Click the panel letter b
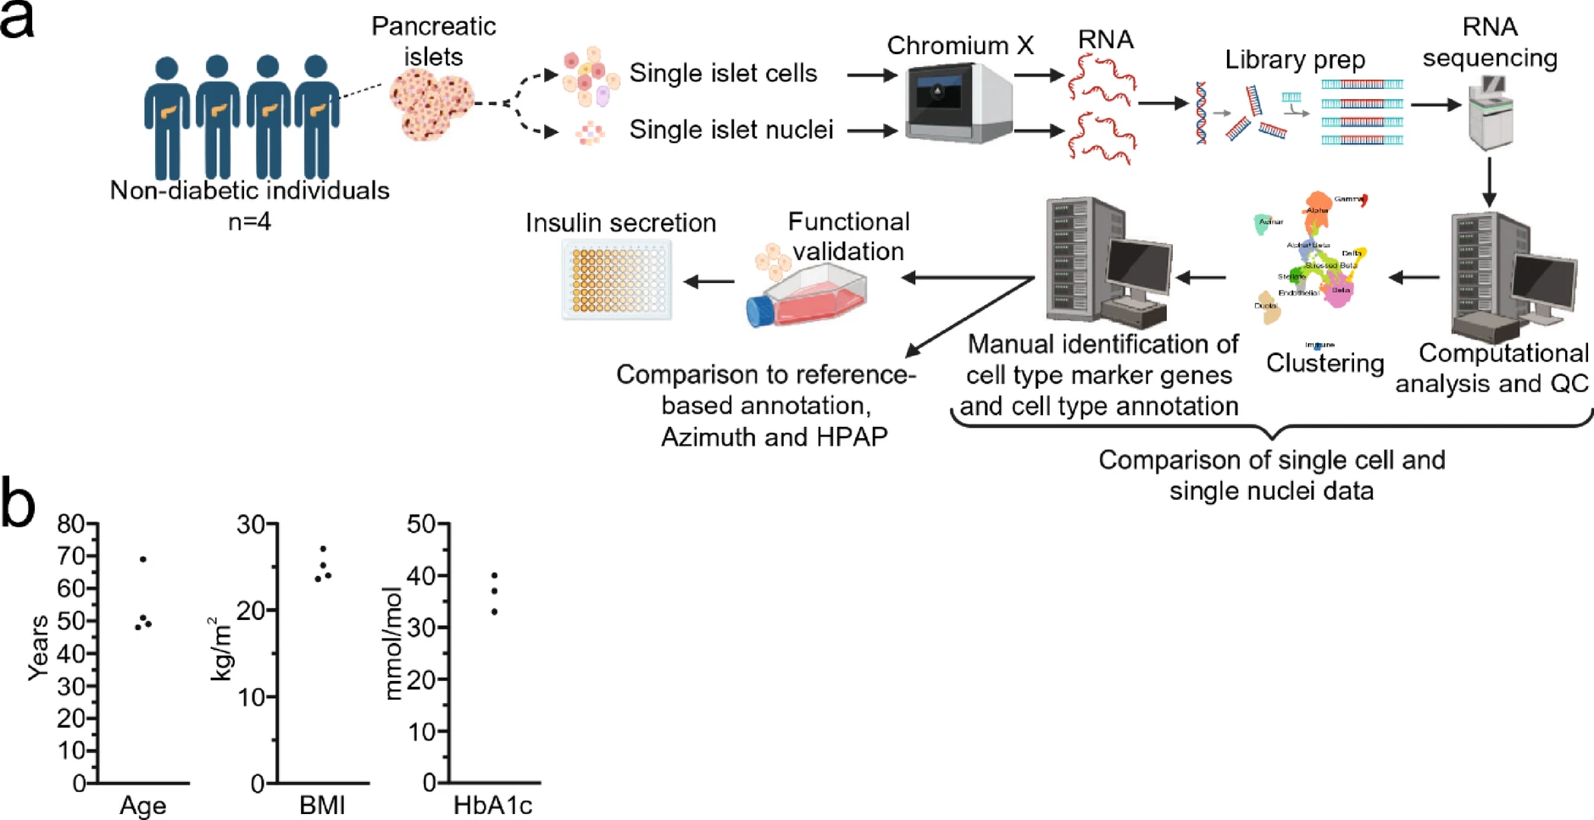18,503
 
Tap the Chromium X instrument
958,102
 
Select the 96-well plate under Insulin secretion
617,280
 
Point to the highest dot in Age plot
143,559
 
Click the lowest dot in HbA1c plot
494,612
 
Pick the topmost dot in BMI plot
323,549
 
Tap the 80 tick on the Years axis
71,524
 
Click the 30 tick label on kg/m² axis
251,524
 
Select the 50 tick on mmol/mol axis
421,524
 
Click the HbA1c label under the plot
492,805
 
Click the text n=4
249,222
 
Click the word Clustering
1325,363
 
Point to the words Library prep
1294,60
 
